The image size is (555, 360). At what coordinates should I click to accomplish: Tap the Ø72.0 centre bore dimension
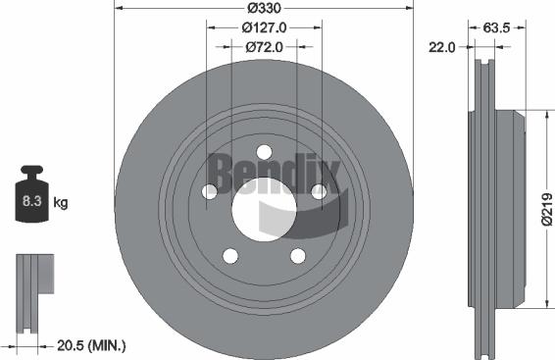[262, 45]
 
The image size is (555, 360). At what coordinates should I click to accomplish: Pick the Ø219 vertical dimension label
[546, 209]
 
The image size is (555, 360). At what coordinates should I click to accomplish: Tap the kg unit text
[61, 203]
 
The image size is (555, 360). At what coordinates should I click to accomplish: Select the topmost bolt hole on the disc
[263, 151]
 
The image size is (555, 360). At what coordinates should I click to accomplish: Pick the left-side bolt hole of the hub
[209, 192]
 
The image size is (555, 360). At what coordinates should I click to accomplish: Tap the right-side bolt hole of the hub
[318, 192]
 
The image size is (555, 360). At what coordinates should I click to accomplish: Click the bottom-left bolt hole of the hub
[229, 256]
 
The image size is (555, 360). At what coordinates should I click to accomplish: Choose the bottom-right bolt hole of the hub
[297, 256]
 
